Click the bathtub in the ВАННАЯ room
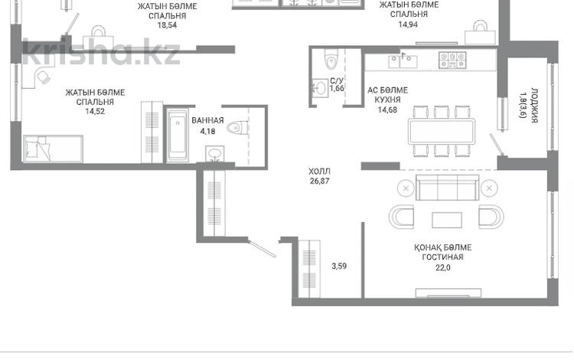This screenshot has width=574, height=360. [x=178, y=135]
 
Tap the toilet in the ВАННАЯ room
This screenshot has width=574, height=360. [x=237, y=128]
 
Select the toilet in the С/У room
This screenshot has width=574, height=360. [x=331, y=59]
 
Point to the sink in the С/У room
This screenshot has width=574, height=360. [x=320, y=88]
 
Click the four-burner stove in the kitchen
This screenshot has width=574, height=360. [x=452, y=61]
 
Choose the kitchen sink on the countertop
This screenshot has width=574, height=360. [x=403, y=61]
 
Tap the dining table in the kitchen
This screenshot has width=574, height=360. [x=442, y=131]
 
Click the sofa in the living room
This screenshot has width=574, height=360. [x=448, y=187]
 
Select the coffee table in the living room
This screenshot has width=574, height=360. [x=447, y=220]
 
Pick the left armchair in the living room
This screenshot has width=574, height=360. [x=402, y=217]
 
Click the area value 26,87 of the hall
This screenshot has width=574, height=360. [x=320, y=181]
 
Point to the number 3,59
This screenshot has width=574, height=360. [x=339, y=267]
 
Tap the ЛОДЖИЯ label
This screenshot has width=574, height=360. [x=534, y=105]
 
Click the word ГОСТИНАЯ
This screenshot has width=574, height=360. [x=442, y=257]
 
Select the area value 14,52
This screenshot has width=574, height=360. [x=95, y=111]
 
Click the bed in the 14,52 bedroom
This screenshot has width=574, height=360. [x=53, y=149]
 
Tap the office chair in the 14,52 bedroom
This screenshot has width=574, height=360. [x=44, y=77]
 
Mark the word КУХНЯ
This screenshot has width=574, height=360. [x=388, y=100]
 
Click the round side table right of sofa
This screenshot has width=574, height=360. [x=489, y=188]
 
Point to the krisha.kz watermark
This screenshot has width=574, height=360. [x=101, y=52]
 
